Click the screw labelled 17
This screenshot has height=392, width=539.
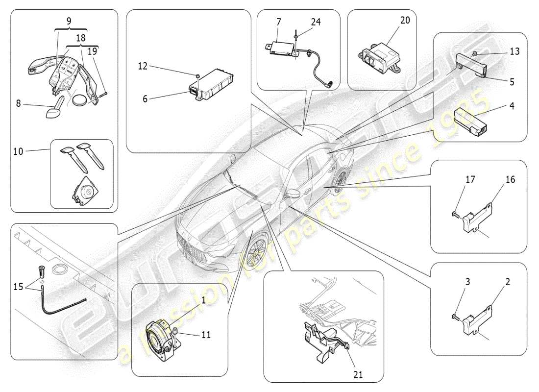(x=455, y=213)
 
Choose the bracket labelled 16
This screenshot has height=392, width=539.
(x=478, y=216)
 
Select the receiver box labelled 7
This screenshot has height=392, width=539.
(x=281, y=48)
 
